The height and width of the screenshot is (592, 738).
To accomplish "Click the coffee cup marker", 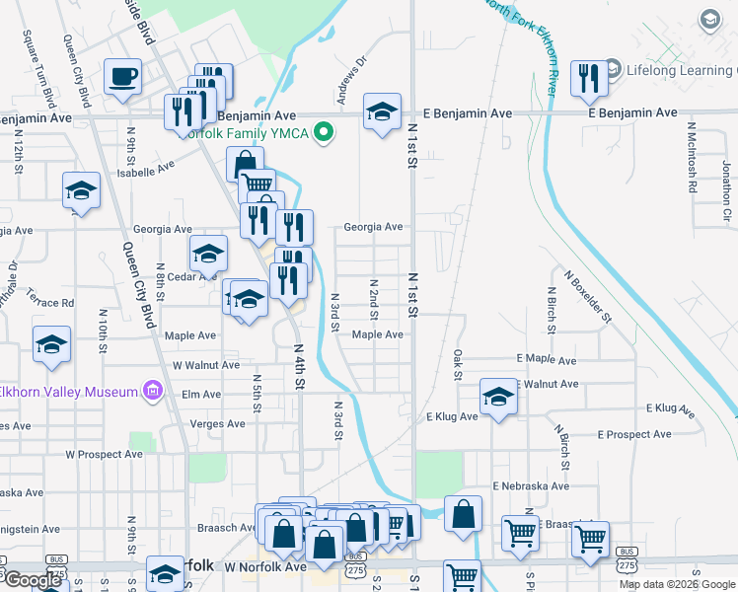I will pos(123,76).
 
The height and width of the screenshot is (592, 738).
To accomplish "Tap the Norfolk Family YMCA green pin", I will pos(322,133).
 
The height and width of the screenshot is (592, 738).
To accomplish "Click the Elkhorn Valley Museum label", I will pos(68,392).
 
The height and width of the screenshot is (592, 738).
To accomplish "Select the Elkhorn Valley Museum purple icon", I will pos(152,392).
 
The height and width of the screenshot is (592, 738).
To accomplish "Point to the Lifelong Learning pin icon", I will pos(612,70).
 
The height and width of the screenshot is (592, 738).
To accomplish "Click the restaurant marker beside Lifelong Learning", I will pos(589,78).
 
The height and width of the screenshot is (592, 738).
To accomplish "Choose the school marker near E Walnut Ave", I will pos(499,397).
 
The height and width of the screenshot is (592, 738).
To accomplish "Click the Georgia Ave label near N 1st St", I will pos(373,227).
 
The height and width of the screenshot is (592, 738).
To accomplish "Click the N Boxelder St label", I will pos(589,297).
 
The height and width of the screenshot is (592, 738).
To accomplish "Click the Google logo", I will pos(33,579).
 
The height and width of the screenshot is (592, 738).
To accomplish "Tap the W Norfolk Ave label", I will pos(265,567).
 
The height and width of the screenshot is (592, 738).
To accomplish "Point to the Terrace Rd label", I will pos(50,302).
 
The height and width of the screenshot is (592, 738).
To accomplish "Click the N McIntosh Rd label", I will pos(694,157).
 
